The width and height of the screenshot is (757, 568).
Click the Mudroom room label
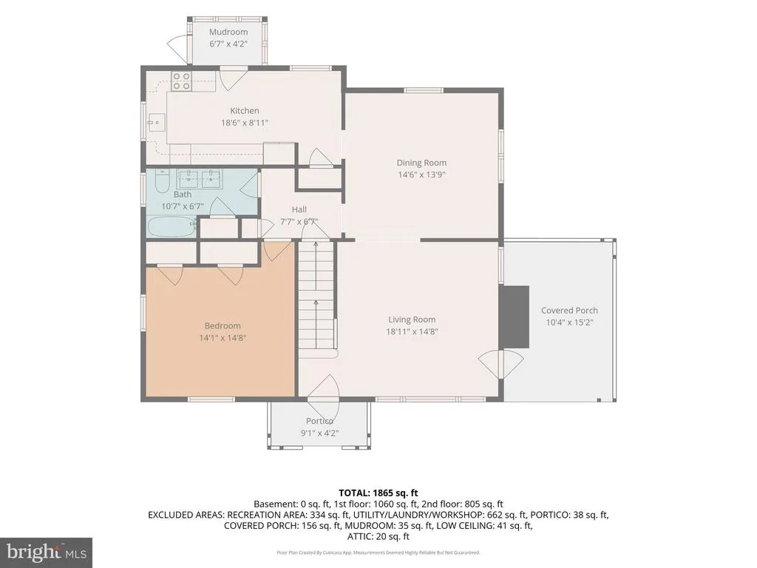coord(228,32)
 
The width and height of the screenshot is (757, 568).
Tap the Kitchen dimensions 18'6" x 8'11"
coord(244,123)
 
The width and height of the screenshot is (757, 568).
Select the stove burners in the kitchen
coord(181,81)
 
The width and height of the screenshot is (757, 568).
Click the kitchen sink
coord(157,123)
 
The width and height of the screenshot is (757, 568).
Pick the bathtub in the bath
coord(171,226)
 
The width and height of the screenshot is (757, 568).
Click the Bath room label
coord(183,195)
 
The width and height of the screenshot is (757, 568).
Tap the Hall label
coord(299,209)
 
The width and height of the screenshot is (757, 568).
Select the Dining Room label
coord(421,163)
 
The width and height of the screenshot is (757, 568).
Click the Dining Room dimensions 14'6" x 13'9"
coord(421,175)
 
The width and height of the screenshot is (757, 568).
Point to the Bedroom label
coord(223,325)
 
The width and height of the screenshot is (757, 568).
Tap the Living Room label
coord(412,319)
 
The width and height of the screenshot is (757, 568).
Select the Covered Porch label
coord(569,311)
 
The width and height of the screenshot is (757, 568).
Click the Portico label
coord(319,421)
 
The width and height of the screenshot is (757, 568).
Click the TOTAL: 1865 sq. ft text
coord(378,493)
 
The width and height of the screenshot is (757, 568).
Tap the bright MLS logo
coord(47,552)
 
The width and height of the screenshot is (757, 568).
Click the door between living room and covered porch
coord(501,364)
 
